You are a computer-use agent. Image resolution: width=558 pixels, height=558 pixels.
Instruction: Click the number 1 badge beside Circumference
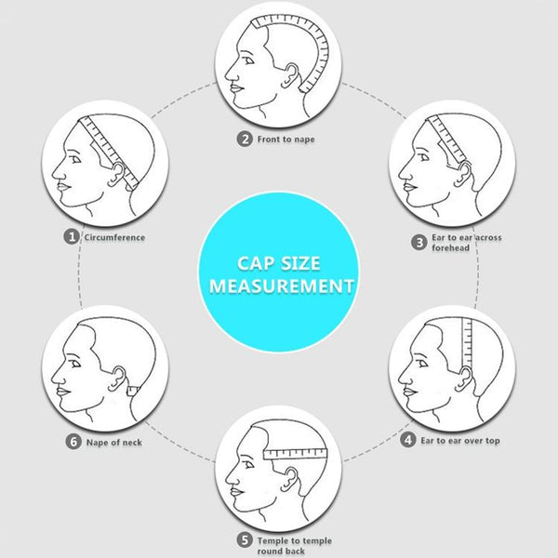click(72, 237)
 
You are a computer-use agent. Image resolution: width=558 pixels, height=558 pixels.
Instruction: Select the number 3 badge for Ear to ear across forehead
click(419, 239)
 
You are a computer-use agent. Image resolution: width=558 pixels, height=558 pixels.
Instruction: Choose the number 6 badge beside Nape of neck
click(73, 442)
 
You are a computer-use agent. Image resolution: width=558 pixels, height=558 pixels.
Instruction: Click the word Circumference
click(114, 237)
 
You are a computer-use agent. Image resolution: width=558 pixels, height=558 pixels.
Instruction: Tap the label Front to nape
click(286, 139)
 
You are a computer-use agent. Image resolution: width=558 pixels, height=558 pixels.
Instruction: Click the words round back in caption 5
click(281, 551)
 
